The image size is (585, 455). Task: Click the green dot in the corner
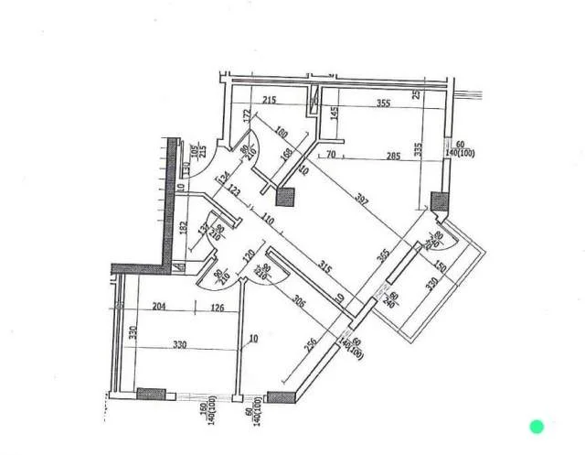(x=537, y=426)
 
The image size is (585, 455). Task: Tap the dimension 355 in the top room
(x=382, y=103)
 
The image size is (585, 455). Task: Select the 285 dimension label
(x=393, y=157)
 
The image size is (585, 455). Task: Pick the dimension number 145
(x=335, y=117)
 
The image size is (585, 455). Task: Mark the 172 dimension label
(x=247, y=116)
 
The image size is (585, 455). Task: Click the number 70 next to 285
(x=331, y=157)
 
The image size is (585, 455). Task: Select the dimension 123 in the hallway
(x=235, y=192)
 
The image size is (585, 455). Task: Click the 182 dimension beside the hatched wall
(x=184, y=226)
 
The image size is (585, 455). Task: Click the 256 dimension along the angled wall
(x=312, y=347)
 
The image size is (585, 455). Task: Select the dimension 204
(x=159, y=309)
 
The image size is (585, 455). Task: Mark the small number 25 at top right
(x=416, y=95)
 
